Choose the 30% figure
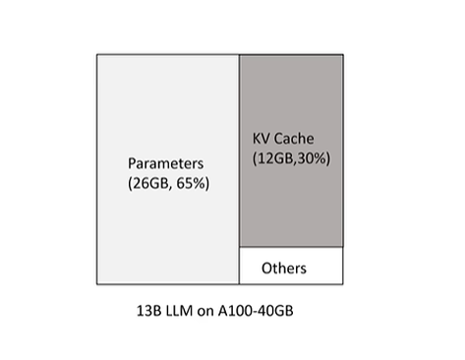pos(315,157)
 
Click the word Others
pos(284,268)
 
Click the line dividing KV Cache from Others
pos(291,247)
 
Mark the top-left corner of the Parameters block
pos(96,54)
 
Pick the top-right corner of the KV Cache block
pos(343,54)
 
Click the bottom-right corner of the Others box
pos(343,284)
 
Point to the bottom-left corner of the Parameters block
pos(96,284)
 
